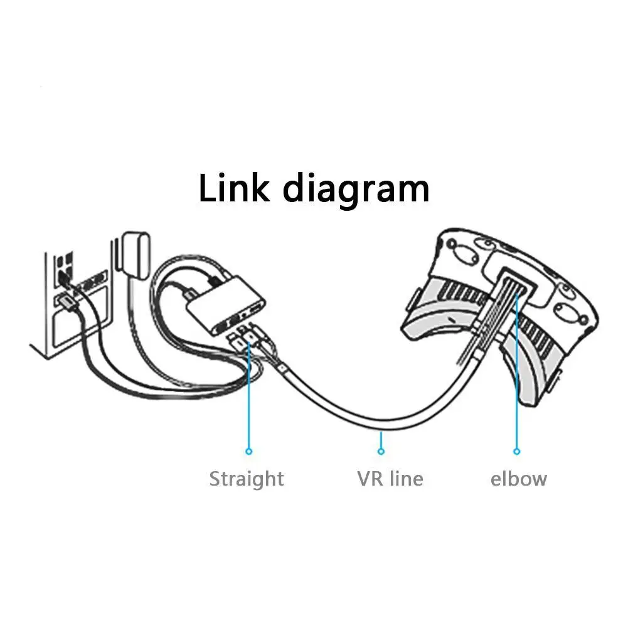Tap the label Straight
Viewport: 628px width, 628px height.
point(247,479)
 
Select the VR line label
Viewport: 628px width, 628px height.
point(390,479)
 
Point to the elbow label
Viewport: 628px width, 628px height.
point(518,479)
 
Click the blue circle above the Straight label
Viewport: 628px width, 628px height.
point(249,450)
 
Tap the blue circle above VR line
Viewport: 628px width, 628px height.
point(380,450)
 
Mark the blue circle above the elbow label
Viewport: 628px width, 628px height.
point(517,450)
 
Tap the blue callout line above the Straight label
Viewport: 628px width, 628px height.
point(249,402)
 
